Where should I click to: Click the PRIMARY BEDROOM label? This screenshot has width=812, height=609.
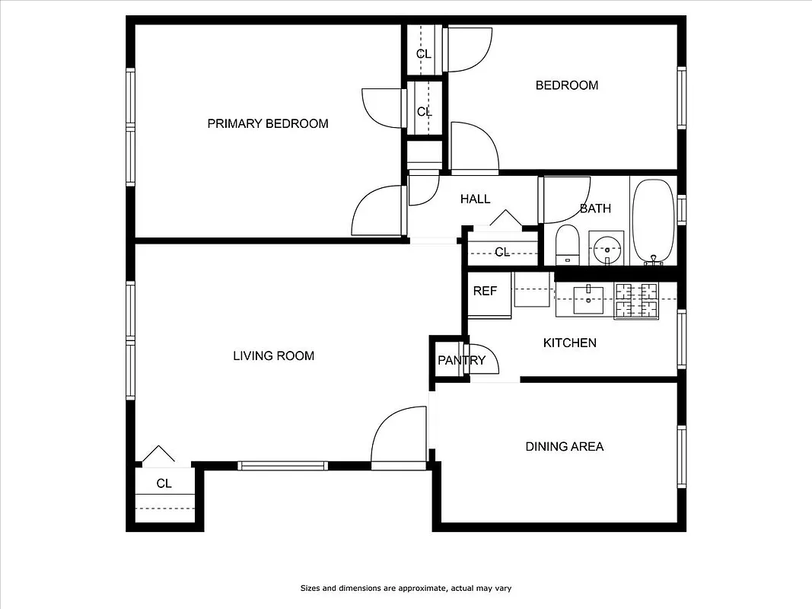[268, 123]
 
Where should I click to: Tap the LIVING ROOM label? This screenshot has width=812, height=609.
[273, 356]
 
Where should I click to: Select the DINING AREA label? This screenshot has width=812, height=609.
[564, 446]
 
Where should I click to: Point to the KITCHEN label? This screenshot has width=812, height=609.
[569, 343]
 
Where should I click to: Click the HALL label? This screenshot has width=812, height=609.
[475, 199]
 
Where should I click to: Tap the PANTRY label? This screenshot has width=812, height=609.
[460, 360]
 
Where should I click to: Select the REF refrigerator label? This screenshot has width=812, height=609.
[485, 291]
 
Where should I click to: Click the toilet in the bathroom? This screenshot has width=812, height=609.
[568, 244]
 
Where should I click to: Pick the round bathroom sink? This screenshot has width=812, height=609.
[607, 247]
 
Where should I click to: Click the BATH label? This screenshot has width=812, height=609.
[595, 209]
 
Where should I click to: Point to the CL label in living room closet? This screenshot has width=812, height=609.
[164, 483]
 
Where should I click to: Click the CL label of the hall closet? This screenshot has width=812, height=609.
[502, 252]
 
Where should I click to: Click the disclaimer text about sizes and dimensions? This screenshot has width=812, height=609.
[411, 588]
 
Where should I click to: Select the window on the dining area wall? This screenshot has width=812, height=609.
[682, 456]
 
